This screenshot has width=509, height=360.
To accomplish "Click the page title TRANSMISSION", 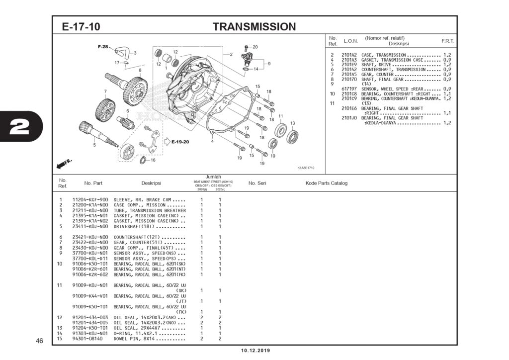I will tap(254, 27).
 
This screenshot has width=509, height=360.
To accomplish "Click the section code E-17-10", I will tap(81, 27).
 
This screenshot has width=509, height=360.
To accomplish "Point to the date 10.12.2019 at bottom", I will tap(255, 351).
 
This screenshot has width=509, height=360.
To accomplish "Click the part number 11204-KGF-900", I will tap(90, 199).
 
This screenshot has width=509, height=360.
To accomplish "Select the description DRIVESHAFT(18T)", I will tap(133, 226).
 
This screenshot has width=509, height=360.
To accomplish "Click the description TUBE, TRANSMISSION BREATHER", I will tap(144, 210).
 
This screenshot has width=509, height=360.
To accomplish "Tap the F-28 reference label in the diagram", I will tap(102, 46).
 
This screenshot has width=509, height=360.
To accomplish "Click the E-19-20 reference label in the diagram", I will tap(180, 142).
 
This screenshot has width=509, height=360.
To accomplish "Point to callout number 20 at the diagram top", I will tap(255, 47).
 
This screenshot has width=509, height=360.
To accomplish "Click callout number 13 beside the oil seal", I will tap(292, 123).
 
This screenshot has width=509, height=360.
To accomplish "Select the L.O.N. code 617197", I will tap(349, 89).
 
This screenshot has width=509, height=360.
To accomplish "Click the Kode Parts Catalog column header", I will tap(326, 183).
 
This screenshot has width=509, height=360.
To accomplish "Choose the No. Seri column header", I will tap(257, 183).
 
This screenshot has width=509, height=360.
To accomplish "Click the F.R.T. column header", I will tap(447, 41).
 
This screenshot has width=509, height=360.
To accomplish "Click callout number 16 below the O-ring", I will tap(153, 160).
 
